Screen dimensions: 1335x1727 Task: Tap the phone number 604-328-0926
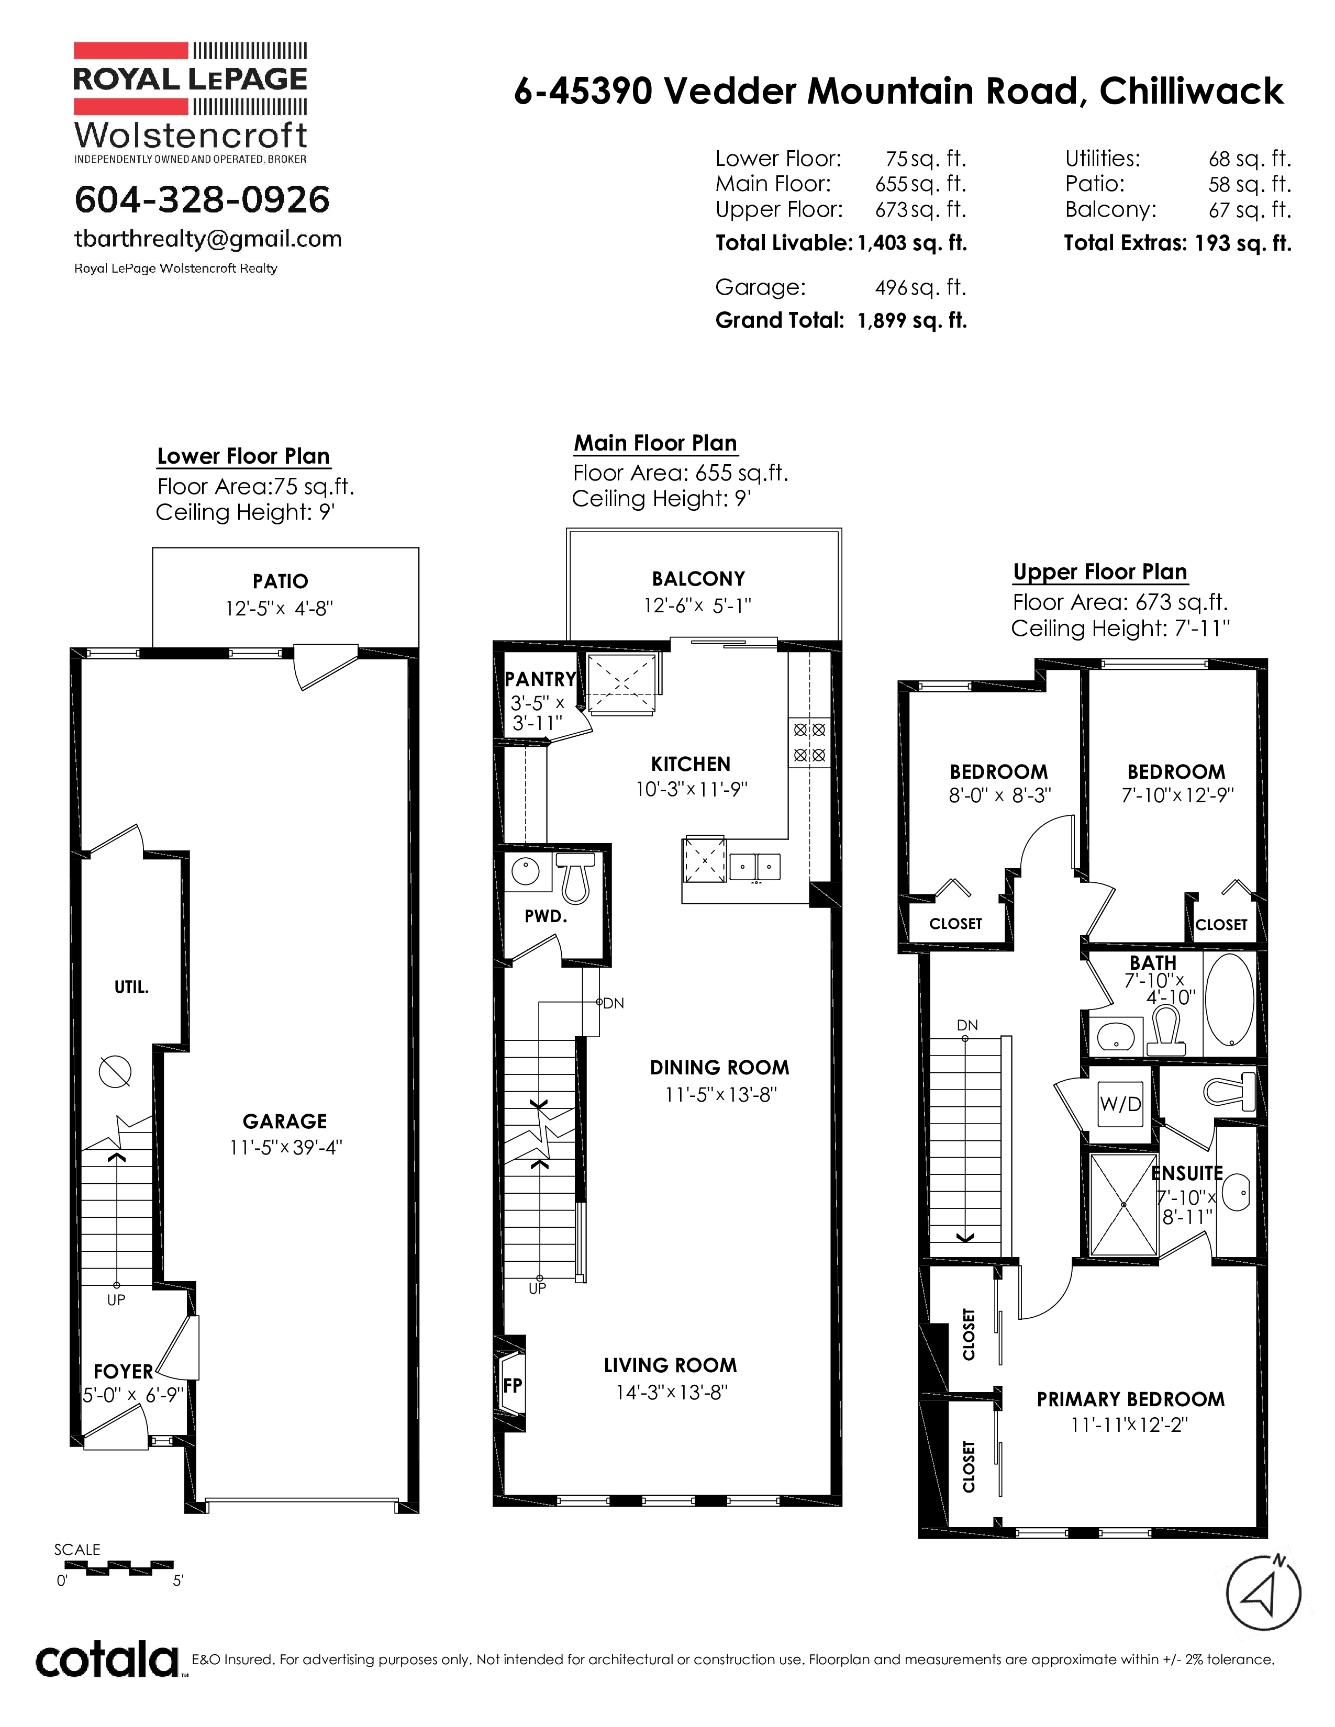click(x=202, y=199)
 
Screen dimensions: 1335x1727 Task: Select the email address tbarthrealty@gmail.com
click(x=208, y=239)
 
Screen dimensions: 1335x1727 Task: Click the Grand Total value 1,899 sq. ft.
click(x=913, y=320)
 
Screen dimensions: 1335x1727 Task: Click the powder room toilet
click(x=574, y=877)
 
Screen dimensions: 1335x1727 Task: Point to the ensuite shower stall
click(x=1123, y=1205)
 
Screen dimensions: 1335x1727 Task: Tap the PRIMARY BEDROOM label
click(x=1130, y=1399)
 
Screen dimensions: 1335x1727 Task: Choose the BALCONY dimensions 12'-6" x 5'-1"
click(x=697, y=605)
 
